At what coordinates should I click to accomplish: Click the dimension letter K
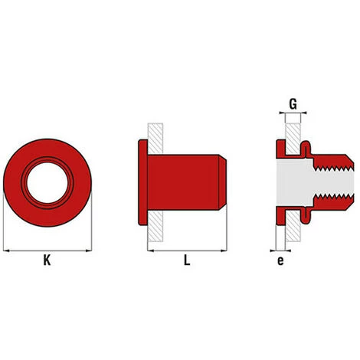pyautogui.click(x=47, y=261)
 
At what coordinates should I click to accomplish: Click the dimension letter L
pyautogui.click(x=186, y=261)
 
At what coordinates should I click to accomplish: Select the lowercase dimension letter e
pyautogui.click(x=281, y=261)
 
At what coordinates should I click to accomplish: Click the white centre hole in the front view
pyautogui.click(x=47, y=182)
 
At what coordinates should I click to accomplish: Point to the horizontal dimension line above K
pyautogui.click(x=47, y=250)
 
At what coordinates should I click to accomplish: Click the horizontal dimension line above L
pyautogui.click(x=187, y=250)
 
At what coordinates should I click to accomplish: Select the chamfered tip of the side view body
pyautogui.click(x=221, y=182)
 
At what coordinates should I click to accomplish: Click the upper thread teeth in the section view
pyautogui.click(x=333, y=159)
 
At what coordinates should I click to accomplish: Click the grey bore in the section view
pyautogui.click(x=306, y=182)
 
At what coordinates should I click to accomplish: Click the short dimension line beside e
pyautogui.click(x=281, y=250)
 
